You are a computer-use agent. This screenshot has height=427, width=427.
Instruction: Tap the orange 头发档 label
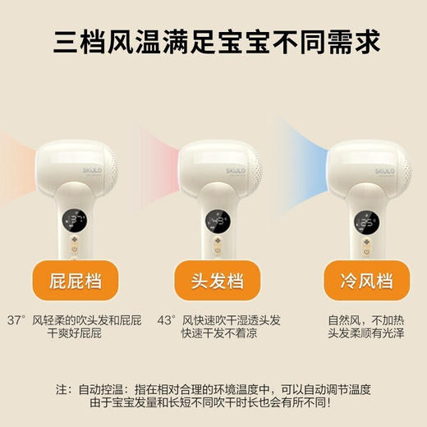coord(212,281)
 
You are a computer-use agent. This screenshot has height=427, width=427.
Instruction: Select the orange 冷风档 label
coord(355,281)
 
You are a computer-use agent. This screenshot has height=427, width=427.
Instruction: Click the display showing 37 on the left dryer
coord(76,220)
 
